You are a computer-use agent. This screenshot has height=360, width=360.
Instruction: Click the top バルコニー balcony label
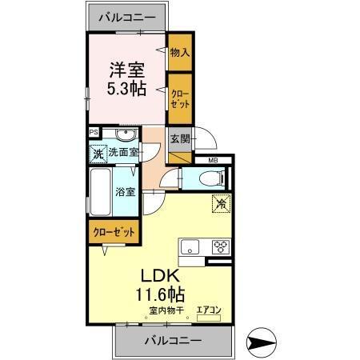tap(127, 16)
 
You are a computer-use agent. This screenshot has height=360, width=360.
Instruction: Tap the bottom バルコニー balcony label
tap(173, 340)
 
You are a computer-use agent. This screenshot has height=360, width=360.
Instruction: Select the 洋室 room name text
tap(127, 69)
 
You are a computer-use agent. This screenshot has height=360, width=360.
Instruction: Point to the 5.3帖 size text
tap(127, 89)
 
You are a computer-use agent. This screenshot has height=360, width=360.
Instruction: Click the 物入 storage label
tap(181, 53)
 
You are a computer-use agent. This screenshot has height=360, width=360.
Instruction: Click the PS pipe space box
tap(94, 133)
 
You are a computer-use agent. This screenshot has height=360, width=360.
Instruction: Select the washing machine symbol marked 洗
tap(98, 152)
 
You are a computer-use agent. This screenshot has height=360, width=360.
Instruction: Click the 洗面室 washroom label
tap(124, 153)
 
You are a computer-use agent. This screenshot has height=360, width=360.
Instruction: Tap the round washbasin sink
tap(123, 135)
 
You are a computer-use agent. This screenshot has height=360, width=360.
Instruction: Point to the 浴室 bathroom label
tap(124, 192)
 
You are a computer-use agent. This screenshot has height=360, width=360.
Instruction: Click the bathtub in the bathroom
tap(100, 192)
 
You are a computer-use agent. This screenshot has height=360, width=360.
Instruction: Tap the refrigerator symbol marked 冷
tap(220, 204)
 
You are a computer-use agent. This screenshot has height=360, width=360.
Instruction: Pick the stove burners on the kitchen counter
tap(219, 246)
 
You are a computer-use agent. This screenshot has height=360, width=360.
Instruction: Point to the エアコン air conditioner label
tap(208, 309)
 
